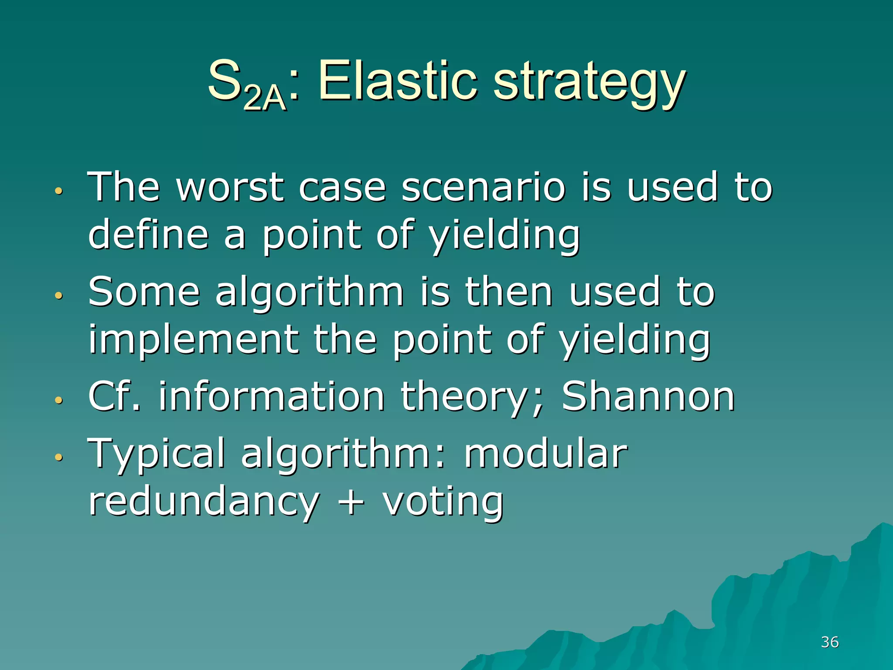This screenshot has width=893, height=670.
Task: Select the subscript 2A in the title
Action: click(264, 98)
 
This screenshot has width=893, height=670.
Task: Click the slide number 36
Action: click(830, 642)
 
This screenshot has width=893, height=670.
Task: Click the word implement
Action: click(193, 340)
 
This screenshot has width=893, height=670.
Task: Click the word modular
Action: click(545, 454)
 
